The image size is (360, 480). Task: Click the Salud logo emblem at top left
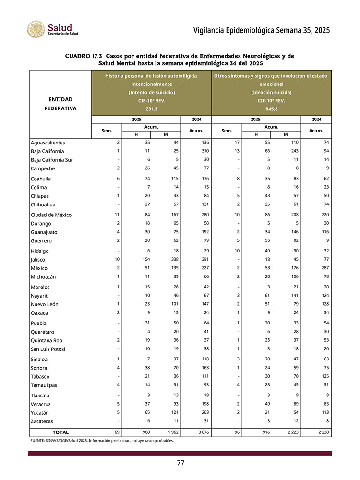36,30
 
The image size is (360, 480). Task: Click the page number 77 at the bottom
180,463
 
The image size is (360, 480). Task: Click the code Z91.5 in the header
151,109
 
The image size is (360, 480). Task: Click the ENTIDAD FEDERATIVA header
60,104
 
